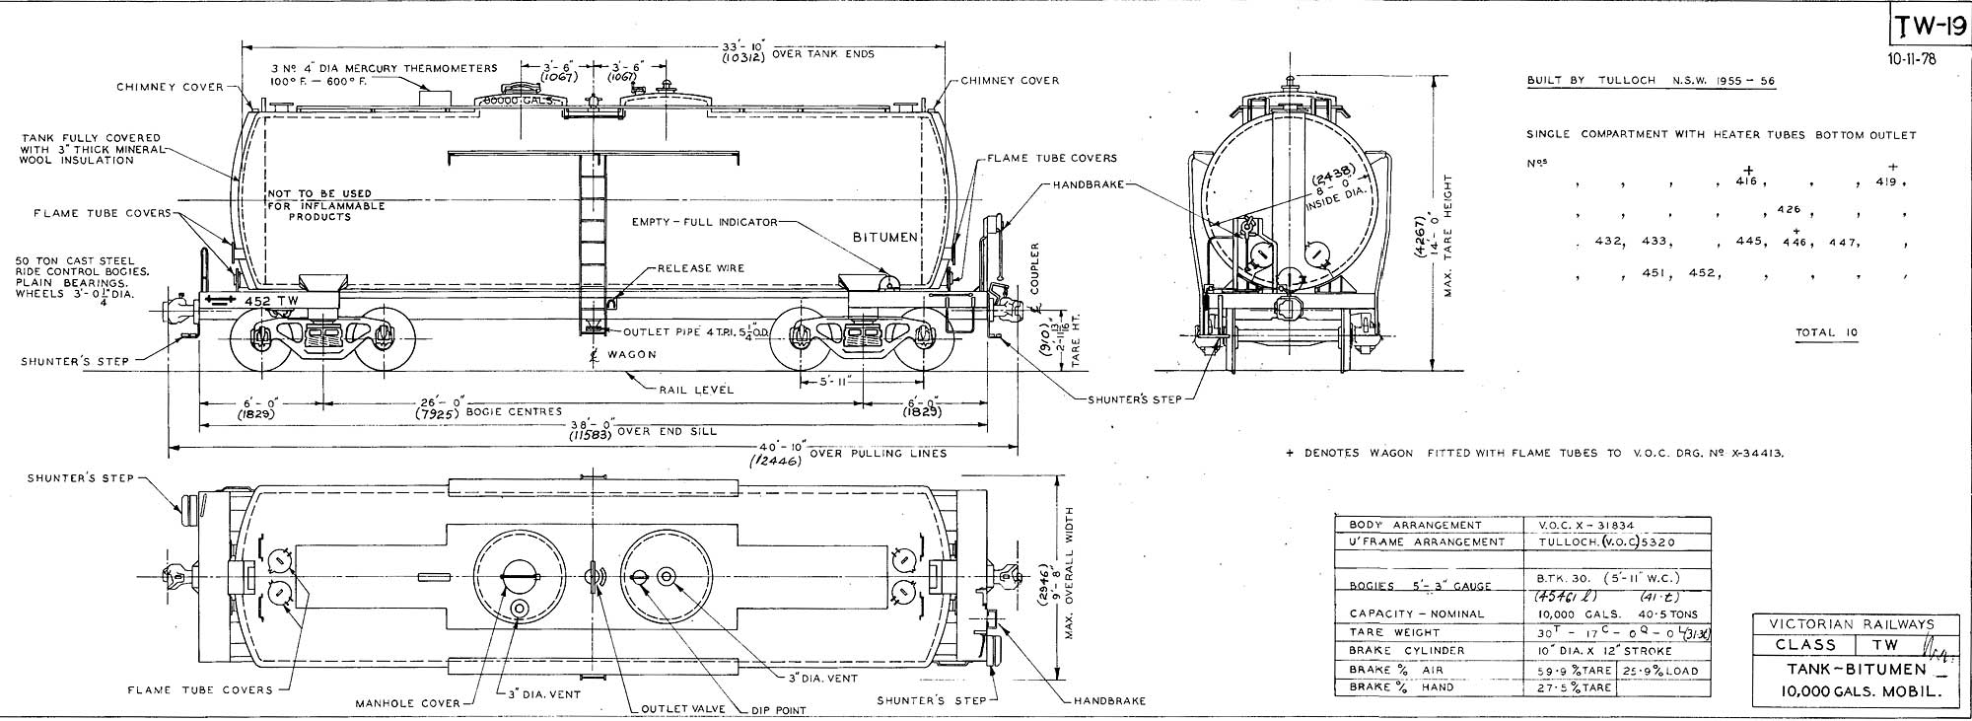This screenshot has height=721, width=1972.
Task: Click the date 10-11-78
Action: [x=1913, y=58]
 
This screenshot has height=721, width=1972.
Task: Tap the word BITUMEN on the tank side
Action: [x=884, y=238]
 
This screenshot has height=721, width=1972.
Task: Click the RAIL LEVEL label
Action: [x=697, y=390]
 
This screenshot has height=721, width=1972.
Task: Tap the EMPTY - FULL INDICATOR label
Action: [x=704, y=222]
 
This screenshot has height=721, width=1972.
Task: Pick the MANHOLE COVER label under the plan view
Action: [x=408, y=703]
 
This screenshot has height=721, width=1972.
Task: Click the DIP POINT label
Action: [x=778, y=709]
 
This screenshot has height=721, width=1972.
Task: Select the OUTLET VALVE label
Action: [x=683, y=708]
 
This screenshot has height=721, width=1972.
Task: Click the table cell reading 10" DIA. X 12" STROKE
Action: [x=1602, y=650]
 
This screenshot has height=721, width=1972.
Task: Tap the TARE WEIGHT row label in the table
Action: [x=1380, y=632]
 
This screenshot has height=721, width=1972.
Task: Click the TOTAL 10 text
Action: [x=1826, y=332]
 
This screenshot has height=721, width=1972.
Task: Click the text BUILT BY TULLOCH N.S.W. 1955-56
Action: [x=1651, y=81]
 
